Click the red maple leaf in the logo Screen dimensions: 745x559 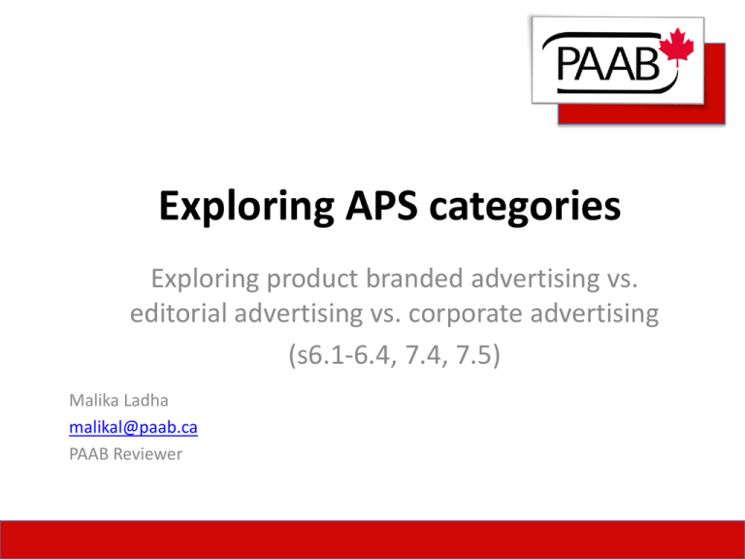[676, 47]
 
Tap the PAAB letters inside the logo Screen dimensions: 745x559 [607, 64]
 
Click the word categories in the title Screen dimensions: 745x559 [525, 209]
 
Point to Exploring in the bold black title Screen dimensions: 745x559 [246, 209]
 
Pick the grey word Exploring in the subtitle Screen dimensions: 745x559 [205, 279]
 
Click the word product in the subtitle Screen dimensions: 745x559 [311, 279]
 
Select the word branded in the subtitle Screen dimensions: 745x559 [414, 279]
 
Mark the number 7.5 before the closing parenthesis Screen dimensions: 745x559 [473, 355]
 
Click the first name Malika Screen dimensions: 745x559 [93, 400]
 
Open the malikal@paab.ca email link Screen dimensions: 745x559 [134, 427]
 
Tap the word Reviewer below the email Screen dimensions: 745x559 [147, 454]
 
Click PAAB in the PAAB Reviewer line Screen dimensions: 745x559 [89, 454]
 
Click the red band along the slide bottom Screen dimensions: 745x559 [372, 540]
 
